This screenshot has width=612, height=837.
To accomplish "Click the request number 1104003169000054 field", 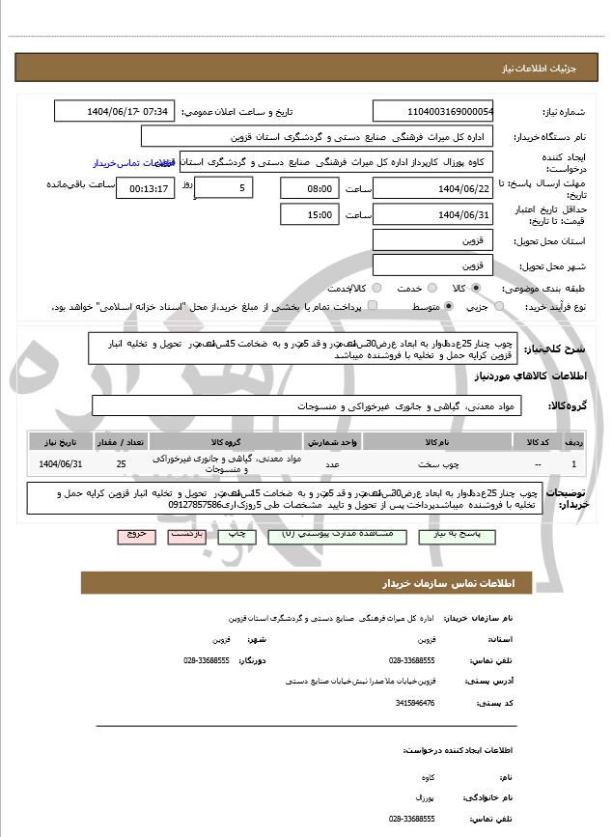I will [432, 111].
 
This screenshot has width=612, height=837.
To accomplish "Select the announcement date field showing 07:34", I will [114, 111].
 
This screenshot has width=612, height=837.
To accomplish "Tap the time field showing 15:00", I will [311, 214].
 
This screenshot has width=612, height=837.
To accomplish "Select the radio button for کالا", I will [476, 289].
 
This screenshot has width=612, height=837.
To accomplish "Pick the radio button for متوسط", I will [449, 306].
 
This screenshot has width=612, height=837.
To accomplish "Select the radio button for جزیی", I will [498, 306].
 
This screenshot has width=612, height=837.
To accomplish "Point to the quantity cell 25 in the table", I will [121, 464].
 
